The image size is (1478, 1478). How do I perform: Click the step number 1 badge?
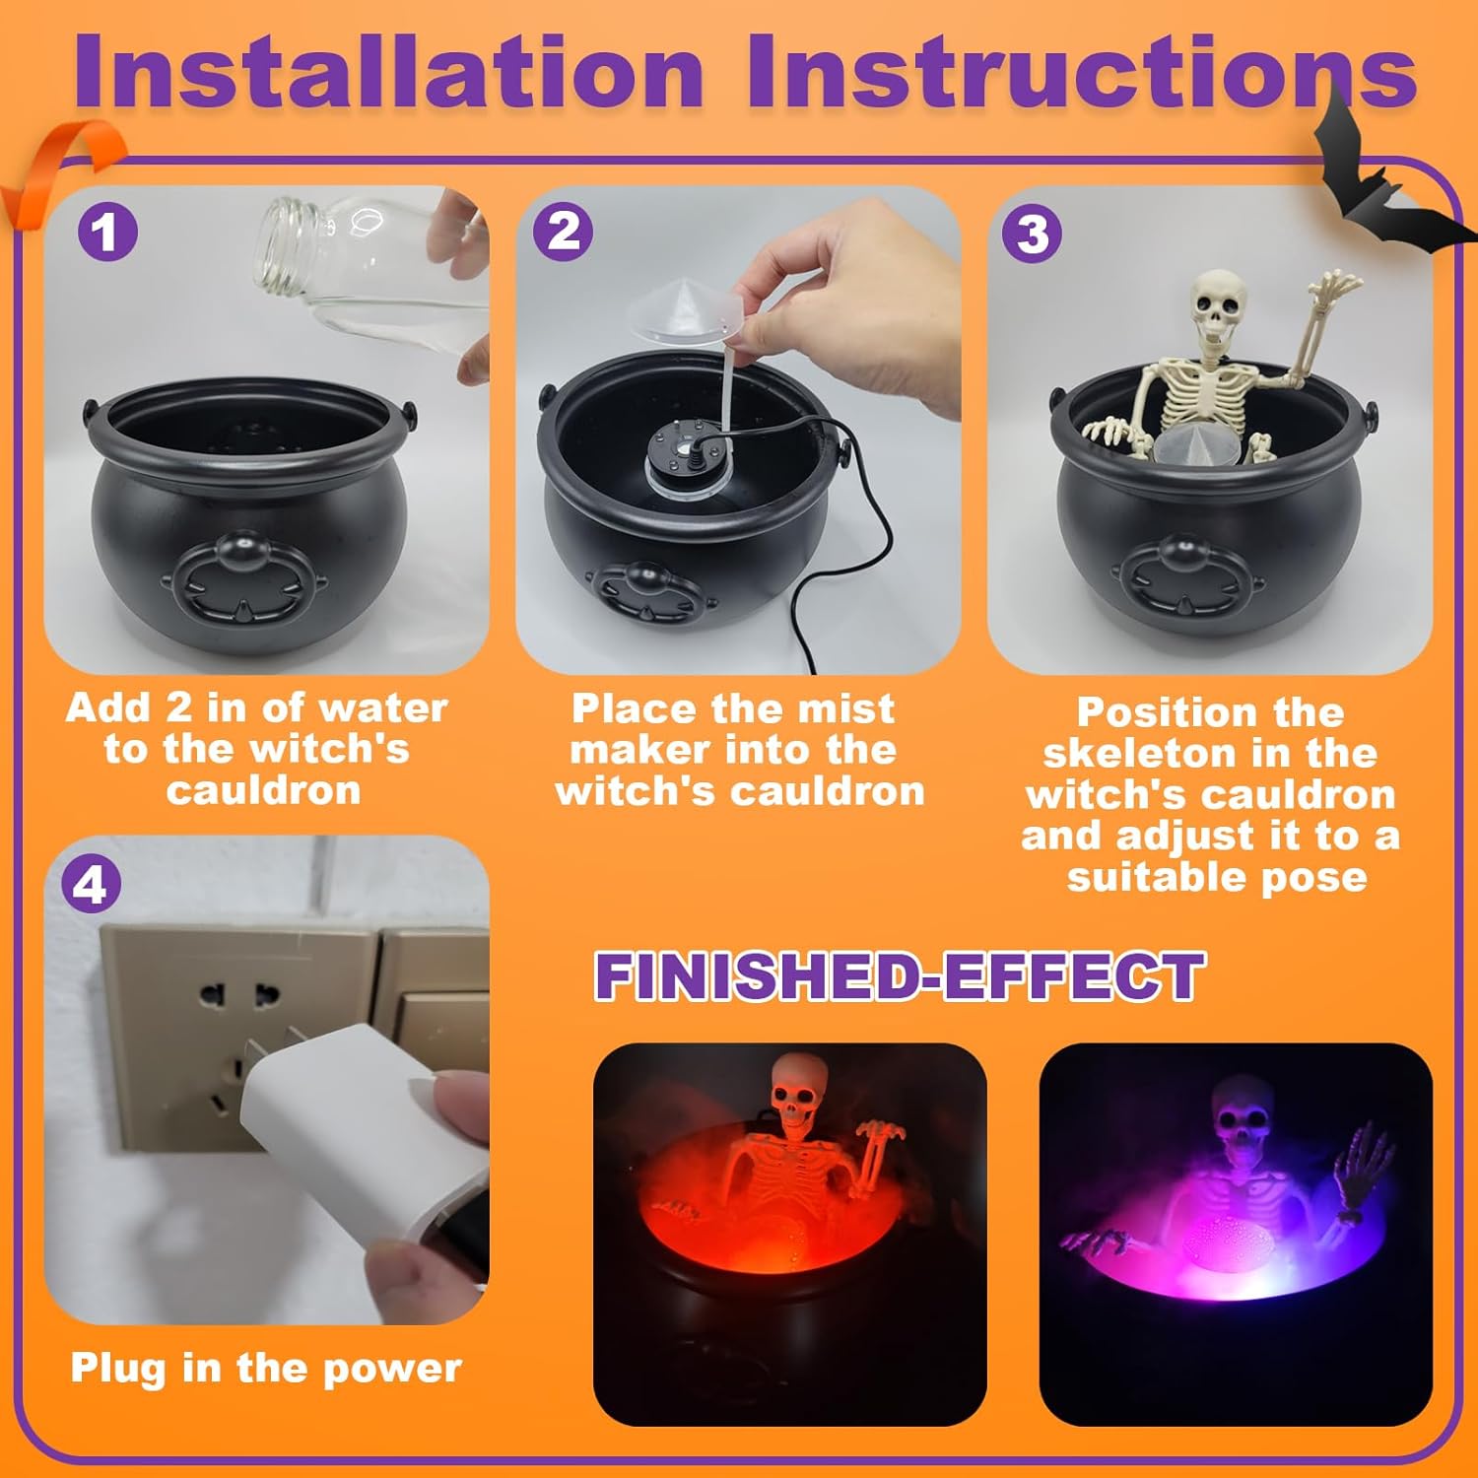coord(106,233)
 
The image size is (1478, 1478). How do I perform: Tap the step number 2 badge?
coord(563,233)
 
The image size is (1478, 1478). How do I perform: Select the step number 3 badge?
coord(1032,234)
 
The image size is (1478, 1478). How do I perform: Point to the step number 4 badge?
coord(91,884)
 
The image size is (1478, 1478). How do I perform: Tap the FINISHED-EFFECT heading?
coord(900,975)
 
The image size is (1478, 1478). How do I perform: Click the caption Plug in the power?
coord(266,1368)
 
